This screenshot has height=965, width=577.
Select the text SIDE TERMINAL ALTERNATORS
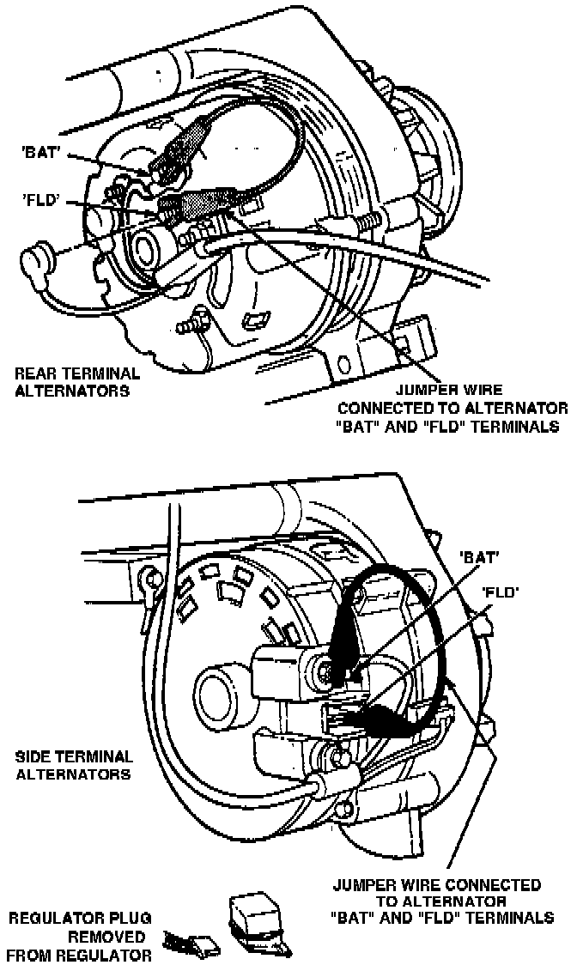click(75, 765)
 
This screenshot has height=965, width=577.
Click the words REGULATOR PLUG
click(76, 919)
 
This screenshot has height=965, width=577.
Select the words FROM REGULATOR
click(79, 954)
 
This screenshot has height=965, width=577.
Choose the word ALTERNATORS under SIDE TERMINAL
click(75, 774)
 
